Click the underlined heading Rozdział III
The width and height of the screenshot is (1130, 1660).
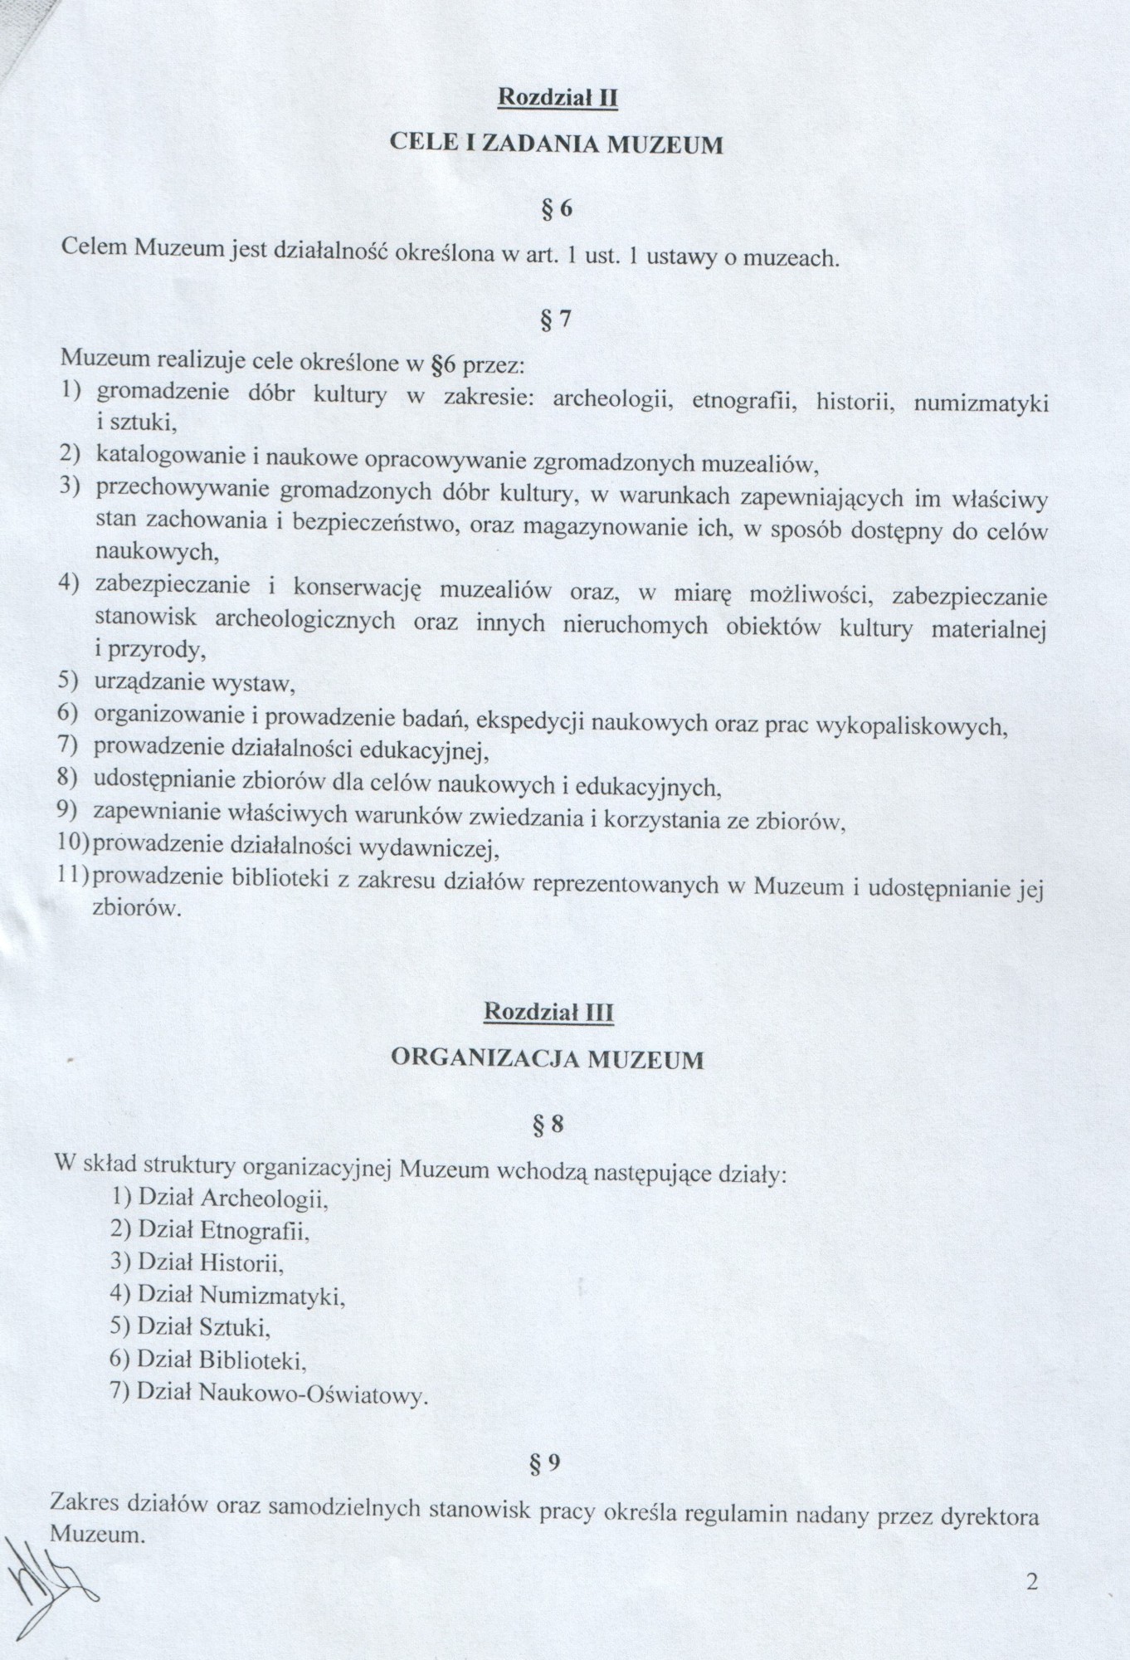[549, 1012]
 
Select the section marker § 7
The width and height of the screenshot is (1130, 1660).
[555, 320]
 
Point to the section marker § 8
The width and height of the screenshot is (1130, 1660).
[548, 1124]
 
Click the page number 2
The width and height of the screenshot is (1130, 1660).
[1032, 1581]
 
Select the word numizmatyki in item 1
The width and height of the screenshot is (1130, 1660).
[981, 404]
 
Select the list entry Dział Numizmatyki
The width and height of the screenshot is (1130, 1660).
[228, 1295]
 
